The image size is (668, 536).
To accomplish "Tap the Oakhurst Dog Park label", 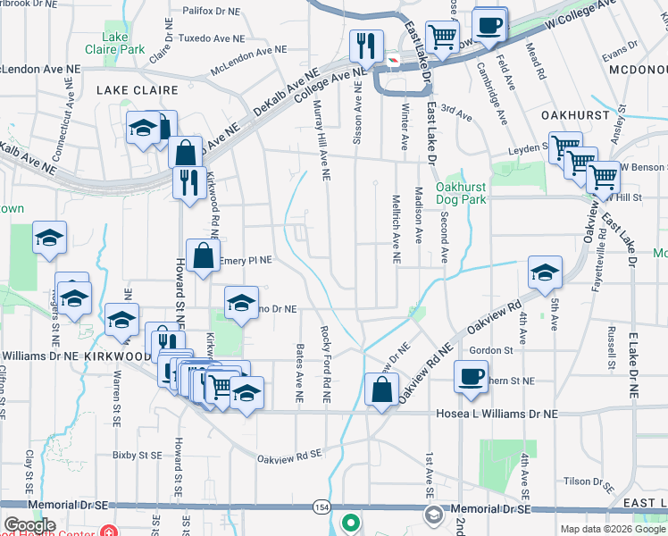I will [461, 193].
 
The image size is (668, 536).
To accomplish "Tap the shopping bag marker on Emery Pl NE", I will [204, 255].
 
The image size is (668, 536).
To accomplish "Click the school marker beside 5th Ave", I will [545, 272].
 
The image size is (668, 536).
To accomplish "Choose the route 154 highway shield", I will [321, 507].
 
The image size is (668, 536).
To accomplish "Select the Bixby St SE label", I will [137, 456].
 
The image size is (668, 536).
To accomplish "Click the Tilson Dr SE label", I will [587, 482].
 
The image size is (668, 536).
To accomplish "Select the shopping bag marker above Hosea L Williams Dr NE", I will [381, 390].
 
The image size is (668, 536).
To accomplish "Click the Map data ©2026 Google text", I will [612, 529].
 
